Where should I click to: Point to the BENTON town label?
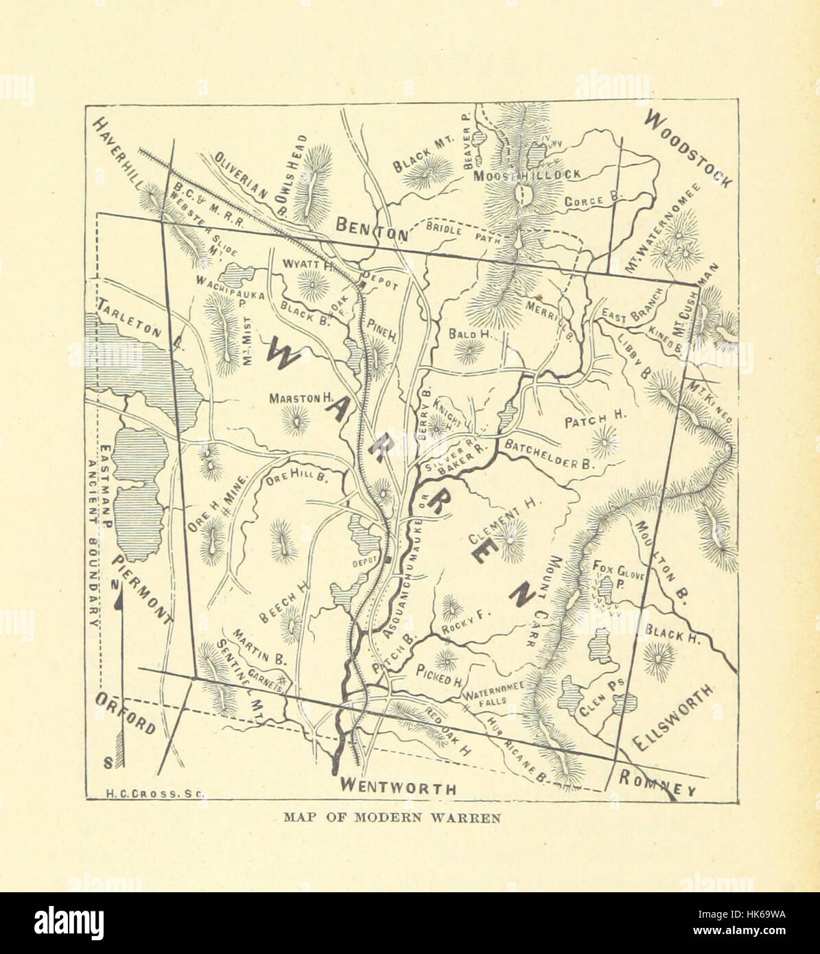[x=371, y=228]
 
